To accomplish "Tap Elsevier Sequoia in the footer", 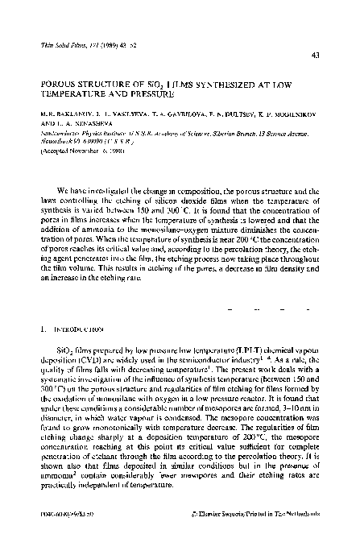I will pyautogui.click(x=244, y=511).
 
